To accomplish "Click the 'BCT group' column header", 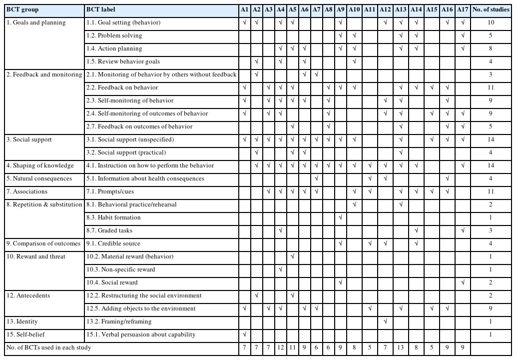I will (22, 9).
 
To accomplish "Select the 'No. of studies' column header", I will (491, 9).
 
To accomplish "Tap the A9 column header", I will (340, 9).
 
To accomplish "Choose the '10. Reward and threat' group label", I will (36, 256).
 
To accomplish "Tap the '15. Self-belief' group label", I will (27, 334).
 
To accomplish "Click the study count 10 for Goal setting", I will (491, 22).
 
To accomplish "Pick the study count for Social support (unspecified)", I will (491, 139).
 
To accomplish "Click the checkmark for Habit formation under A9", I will (340, 217).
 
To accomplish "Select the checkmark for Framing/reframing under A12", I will (385, 321).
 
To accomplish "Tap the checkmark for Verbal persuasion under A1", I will (244, 334).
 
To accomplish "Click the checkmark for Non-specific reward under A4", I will (280, 269).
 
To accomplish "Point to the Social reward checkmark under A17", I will (463, 282).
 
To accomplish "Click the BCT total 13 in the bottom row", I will (401, 347).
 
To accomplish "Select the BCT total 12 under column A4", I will (280, 347).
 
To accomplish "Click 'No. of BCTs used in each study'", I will (49, 347).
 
